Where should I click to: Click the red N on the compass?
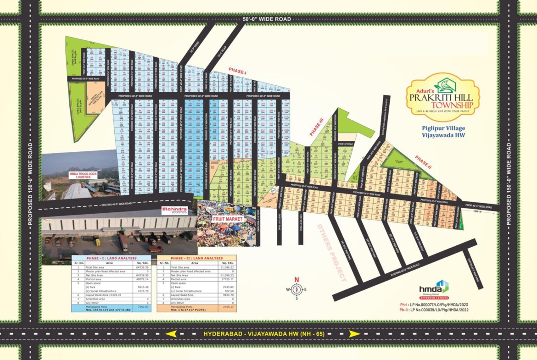click(x=296, y=280)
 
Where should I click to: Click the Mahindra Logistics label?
click(x=174, y=210)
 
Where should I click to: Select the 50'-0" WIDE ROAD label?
click(x=267, y=19)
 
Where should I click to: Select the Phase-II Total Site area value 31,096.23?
click(x=226, y=267)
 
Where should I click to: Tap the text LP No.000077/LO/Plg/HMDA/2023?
click(x=441, y=304)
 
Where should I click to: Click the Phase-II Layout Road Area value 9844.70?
click(x=226, y=295)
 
